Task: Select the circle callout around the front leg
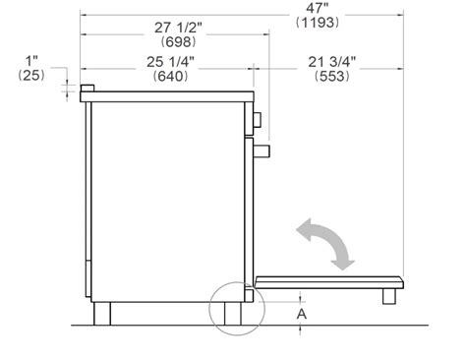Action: tap(237, 305)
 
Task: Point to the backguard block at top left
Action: tap(87, 90)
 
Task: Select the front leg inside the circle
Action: tap(233, 313)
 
